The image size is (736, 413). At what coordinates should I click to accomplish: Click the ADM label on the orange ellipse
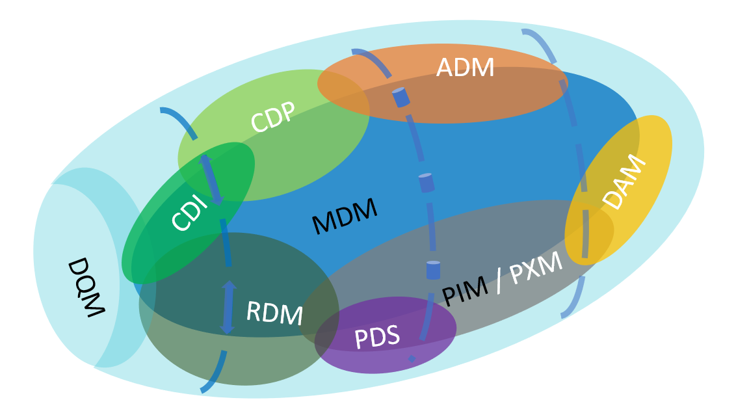point(465,68)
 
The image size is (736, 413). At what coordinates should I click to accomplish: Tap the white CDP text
point(273,117)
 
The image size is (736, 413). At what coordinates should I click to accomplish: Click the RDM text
point(274,313)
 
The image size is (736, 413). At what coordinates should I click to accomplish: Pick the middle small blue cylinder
point(426,183)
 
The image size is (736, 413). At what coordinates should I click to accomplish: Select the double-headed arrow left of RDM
point(228,307)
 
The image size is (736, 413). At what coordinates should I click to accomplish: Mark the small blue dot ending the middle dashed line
point(411,358)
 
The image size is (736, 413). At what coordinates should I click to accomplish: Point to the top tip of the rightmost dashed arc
point(524,31)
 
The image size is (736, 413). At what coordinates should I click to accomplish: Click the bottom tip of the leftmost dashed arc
point(204,390)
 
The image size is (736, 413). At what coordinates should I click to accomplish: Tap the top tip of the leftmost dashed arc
point(163,110)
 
